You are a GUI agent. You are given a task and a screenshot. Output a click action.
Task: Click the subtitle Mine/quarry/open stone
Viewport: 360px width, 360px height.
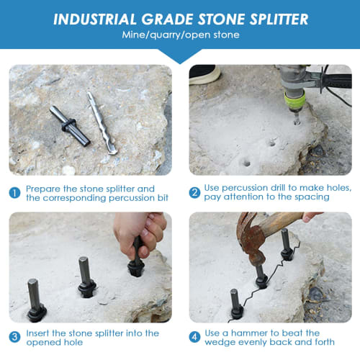pyautogui.click(x=180, y=35)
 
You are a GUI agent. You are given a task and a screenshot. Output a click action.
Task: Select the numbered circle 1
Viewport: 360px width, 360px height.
pyautogui.click(x=14, y=192)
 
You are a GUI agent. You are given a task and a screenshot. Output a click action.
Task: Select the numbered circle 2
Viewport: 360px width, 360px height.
pyautogui.click(x=194, y=192)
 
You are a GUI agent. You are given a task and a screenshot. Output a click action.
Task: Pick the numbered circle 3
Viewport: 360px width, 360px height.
pyautogui.click(x=14, y=337)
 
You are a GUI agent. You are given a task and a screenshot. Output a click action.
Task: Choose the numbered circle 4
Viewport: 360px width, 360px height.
pyautogui.click(x=194, y=337)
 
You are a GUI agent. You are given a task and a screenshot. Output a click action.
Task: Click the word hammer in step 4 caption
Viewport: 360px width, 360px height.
pyautogui.click(x=250, y=333)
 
